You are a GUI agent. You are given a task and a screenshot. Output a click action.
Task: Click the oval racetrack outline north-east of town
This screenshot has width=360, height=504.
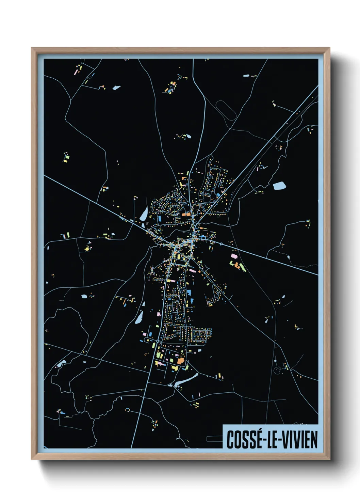pos(226,109)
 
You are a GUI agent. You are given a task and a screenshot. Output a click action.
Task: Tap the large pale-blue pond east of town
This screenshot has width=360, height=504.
pos(279,186)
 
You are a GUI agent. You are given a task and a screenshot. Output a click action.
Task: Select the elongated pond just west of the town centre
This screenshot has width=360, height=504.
pos(144,214)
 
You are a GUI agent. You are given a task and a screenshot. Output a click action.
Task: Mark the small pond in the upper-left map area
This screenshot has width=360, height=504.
pos(116,88)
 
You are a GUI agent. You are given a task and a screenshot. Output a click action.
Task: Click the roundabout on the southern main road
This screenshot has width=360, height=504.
pos(158,341)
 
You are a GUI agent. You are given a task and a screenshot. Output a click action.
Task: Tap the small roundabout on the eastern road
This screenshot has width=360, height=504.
pos(221,244)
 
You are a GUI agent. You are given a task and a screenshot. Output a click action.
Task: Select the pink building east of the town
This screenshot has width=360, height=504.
pos(234,255)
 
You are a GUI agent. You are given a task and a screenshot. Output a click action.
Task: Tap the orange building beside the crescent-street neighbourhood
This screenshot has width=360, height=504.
pos(187,214)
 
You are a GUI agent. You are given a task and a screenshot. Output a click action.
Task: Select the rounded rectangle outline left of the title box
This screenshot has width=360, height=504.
pos(214,439)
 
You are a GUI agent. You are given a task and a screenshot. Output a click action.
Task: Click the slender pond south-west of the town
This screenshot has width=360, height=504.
pos(139,318)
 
